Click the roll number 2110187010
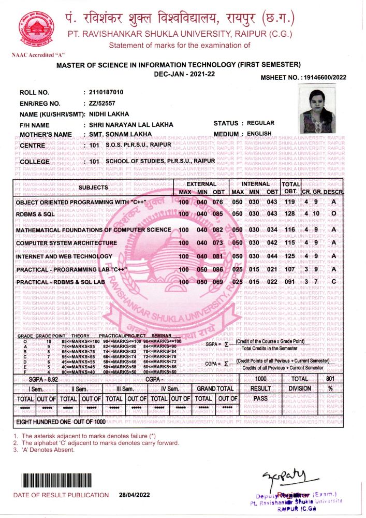tap(106, 92)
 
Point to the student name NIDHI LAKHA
tap(109, 114)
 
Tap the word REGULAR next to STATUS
tap(261, 123)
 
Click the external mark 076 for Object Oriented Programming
tap(217, 202)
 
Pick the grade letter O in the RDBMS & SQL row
tap(334, 214)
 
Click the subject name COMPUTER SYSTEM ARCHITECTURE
tap(67, 243)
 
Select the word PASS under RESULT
tap(260, 399)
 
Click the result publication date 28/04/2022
tap(134, 495)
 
